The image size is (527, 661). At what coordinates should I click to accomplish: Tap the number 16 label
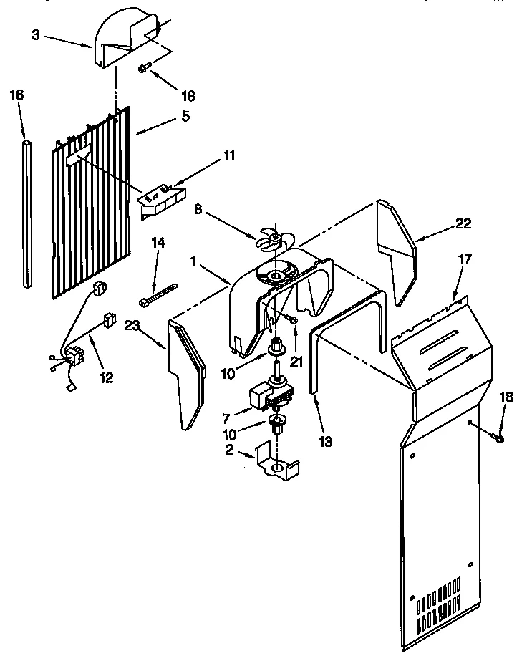click(18, 95)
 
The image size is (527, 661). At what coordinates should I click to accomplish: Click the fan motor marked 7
click(269, 394)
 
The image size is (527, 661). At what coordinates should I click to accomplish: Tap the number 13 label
click(326, 441)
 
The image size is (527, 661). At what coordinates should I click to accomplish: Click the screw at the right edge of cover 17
click(498, 436)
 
